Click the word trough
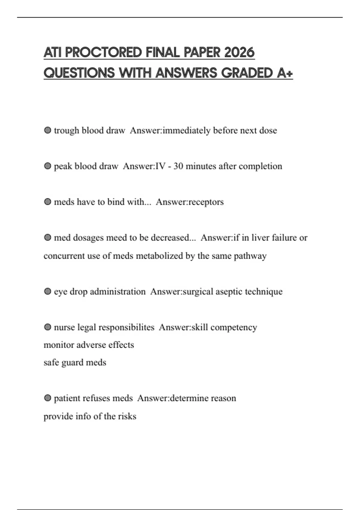[x=67, y=130]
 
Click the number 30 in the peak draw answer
[x=178, y=166]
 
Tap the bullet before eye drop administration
[x=47, y=291]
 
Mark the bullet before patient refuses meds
[x=47, y=398]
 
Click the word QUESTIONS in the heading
[x=79, y=73]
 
